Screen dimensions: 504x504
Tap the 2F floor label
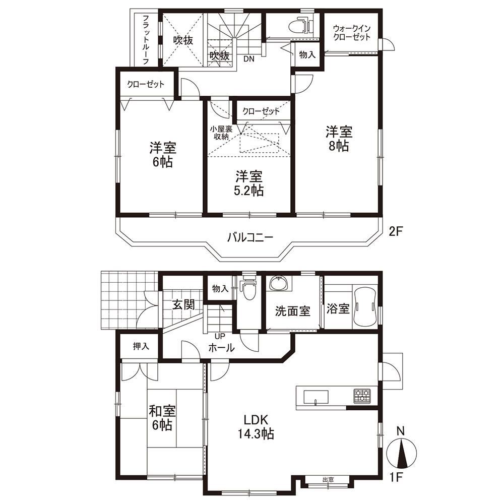(x=396, y=231)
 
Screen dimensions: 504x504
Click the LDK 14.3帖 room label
(x=256, y=427)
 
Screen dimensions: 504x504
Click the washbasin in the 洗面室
(x=279, y=283)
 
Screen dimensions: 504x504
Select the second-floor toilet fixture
(x=299, y=26)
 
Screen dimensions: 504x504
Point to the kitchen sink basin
(x=316, y=396)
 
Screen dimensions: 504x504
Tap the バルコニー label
(x=250, y=238)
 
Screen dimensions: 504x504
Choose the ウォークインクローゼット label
(x=352, y=33)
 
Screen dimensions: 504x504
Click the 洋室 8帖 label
(x=339, y=139)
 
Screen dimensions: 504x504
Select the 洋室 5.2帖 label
(x=249, y=183)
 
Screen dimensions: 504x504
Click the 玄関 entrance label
(x=183, y=304)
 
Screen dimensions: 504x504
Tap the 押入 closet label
(x=141, y=346)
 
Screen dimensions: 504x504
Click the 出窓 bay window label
(x=328, y=480)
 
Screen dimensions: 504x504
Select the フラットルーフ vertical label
(x=145, y=39)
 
